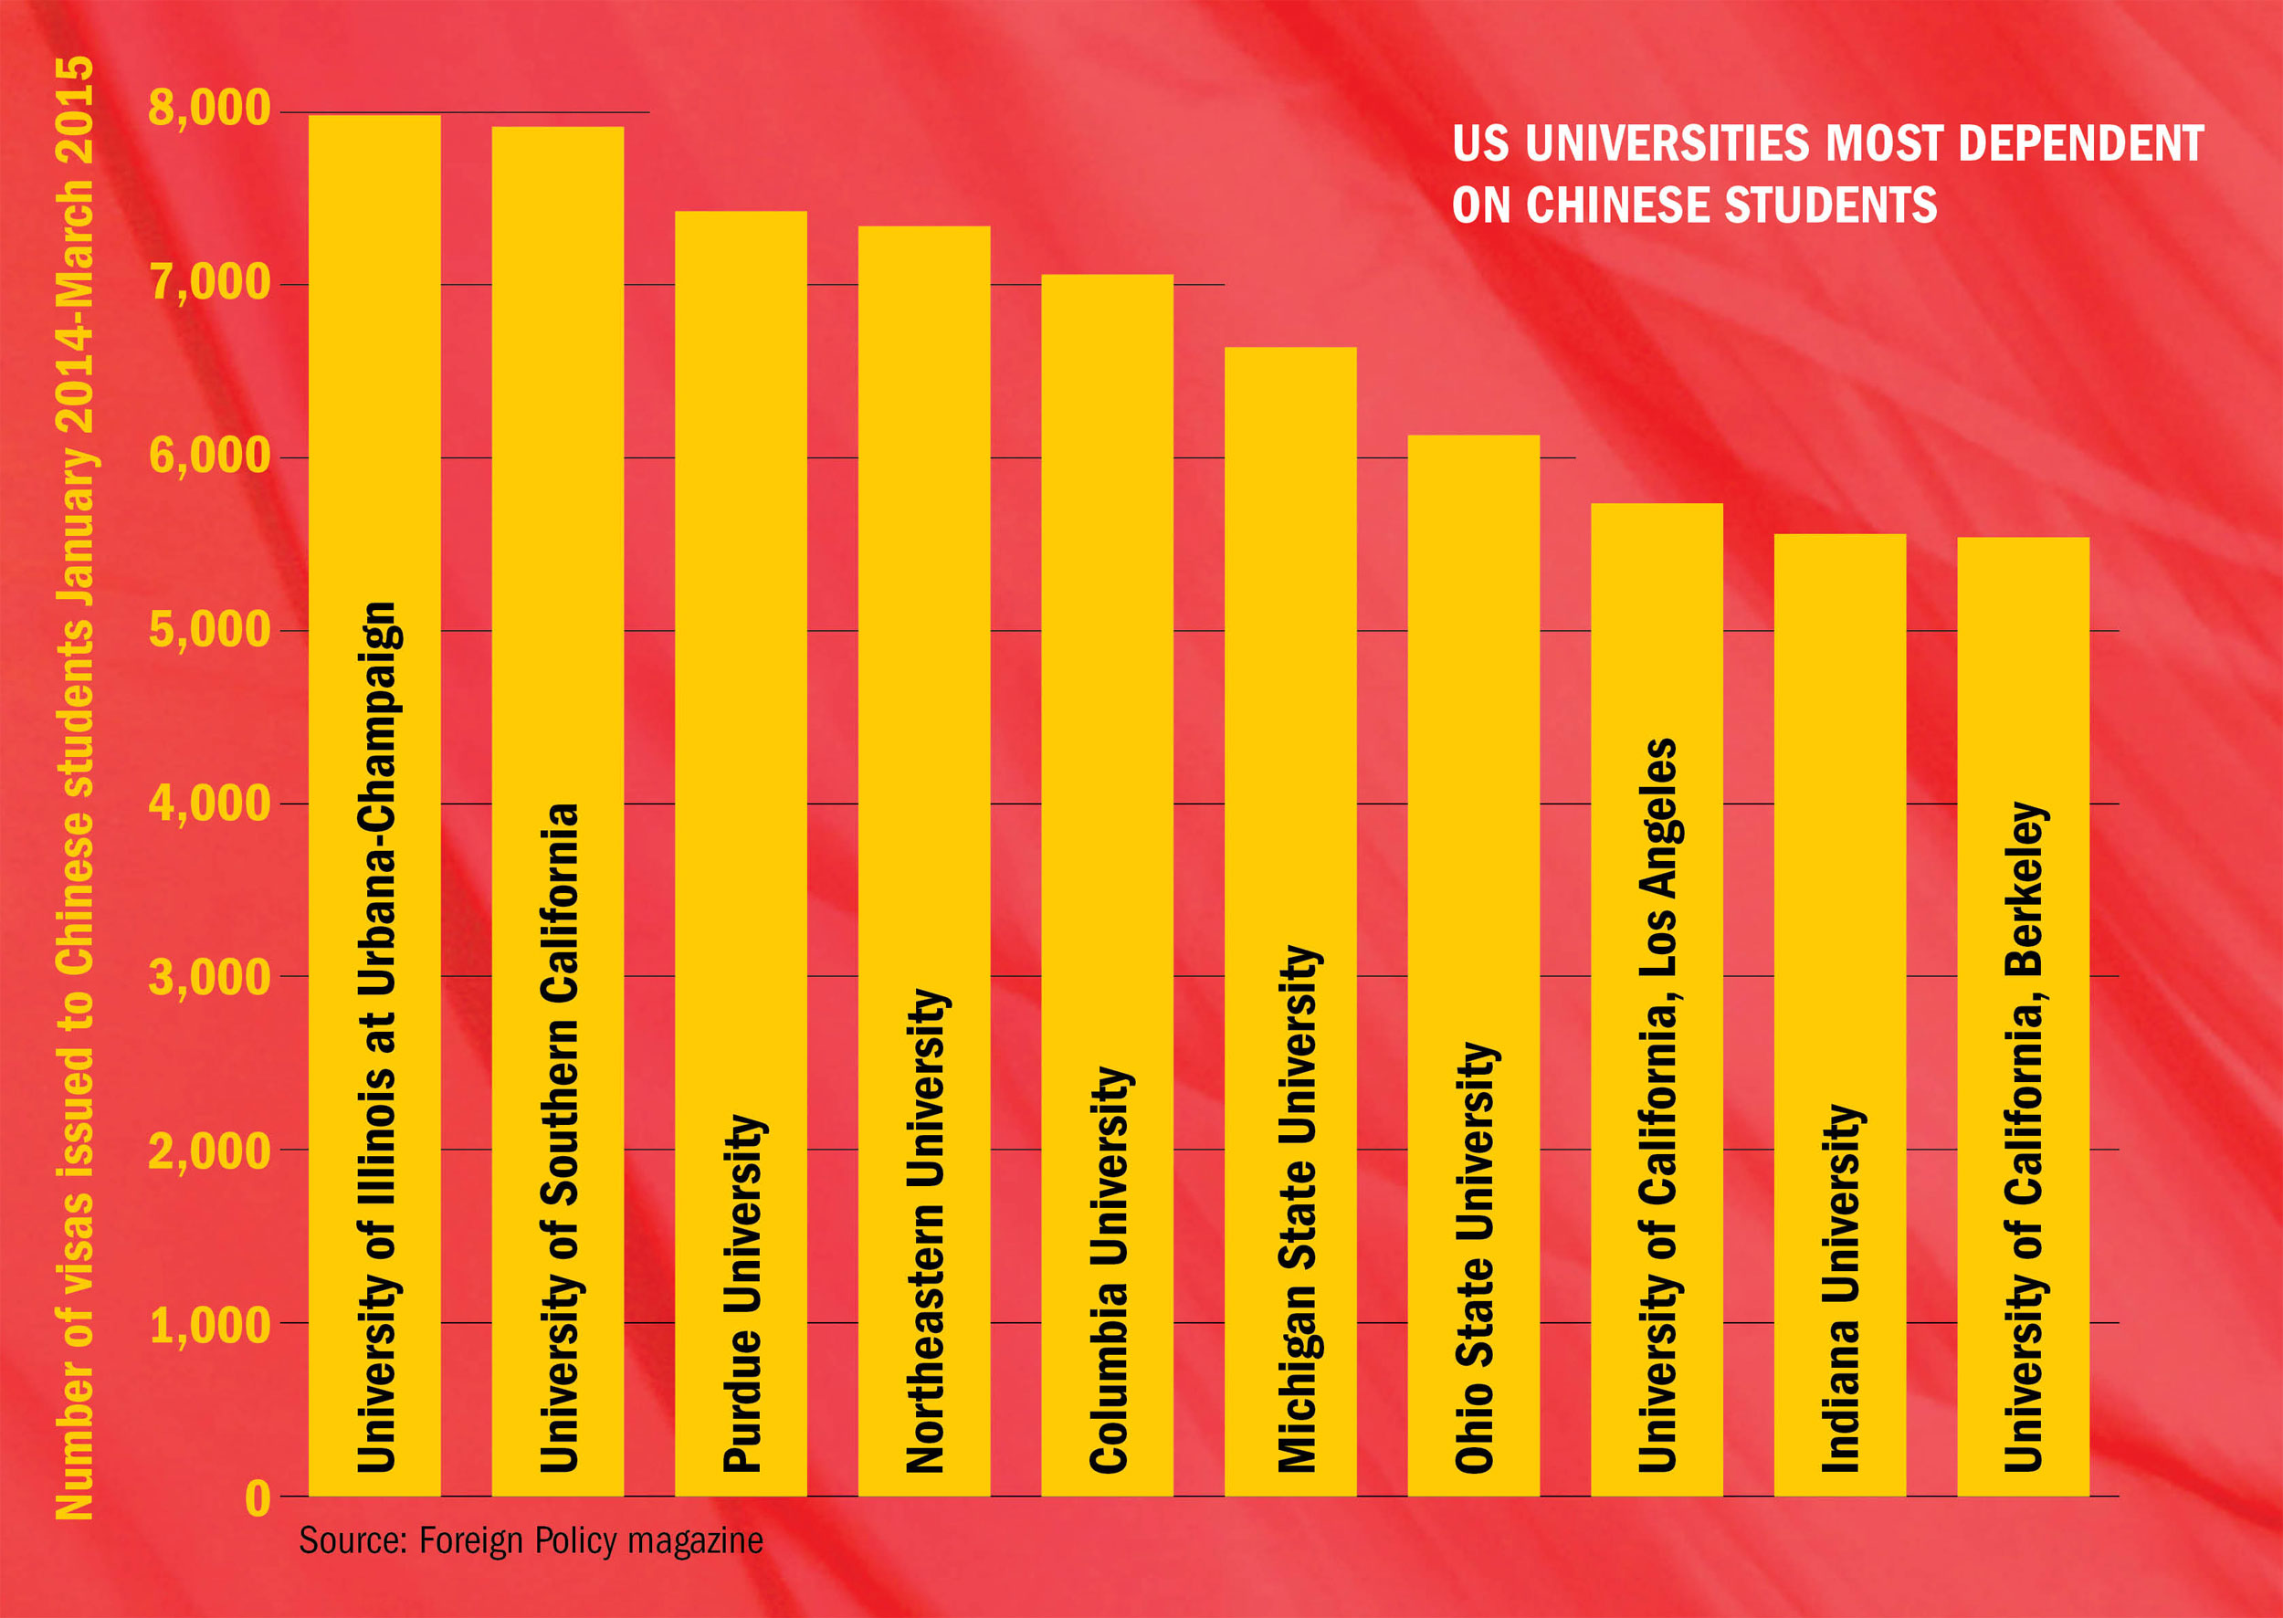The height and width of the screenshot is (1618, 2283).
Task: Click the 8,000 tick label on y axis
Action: pyautogui.click(x=209, y=108)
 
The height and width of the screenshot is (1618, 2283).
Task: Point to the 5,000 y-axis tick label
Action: pyautogui.click(x=209, y=630)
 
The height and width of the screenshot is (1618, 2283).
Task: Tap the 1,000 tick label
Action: pyautogui.click(x=209, y=1325)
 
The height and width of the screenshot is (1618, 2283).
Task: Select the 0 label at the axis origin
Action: pyautogui.click(x=258, y=1497)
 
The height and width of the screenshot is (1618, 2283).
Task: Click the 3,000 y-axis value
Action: pyautogui.click(x=209, y=976)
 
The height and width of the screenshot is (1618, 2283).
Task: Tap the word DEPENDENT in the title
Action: pyautogui.click(x=2079, y=143)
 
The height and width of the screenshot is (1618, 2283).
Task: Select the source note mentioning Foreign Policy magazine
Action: pyautogui.click(x=531, y=1540)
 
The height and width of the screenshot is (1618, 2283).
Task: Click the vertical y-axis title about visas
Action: pyautogui.click(x=75, y=787)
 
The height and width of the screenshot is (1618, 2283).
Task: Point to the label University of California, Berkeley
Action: pyautogui.click(x=2024, y=1137)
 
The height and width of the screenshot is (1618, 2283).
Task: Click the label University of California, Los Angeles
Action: pyautogui.click(x=1657, y=1105)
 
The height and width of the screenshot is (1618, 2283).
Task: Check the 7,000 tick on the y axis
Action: pyautogui.click(x=209, y=283)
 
